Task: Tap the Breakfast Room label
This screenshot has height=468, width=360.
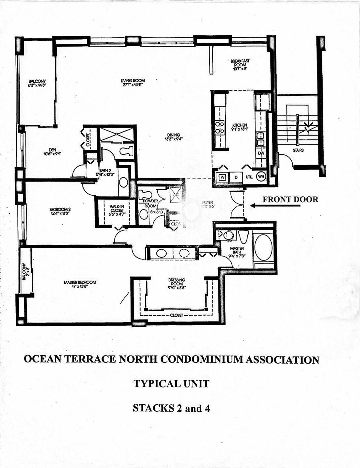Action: (x=240, y=65)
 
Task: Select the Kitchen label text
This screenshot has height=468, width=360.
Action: (x=240, y=127)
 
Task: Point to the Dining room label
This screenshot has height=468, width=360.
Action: (x=174, y=137)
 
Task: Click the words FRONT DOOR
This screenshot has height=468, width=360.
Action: (x=290, y=199)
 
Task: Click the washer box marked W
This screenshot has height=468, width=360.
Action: (x=223, y=177)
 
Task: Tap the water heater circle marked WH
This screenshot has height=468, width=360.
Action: (x=261, y=177)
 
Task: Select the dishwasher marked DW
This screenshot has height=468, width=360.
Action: (x=261, y=153)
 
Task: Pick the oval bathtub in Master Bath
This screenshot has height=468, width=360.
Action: (x=263, y=248)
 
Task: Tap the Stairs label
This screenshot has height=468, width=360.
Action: (x=298, y=150)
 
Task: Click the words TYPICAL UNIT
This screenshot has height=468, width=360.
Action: (x=171, y=384)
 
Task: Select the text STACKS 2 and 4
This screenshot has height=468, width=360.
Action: (x=171, y=408)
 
